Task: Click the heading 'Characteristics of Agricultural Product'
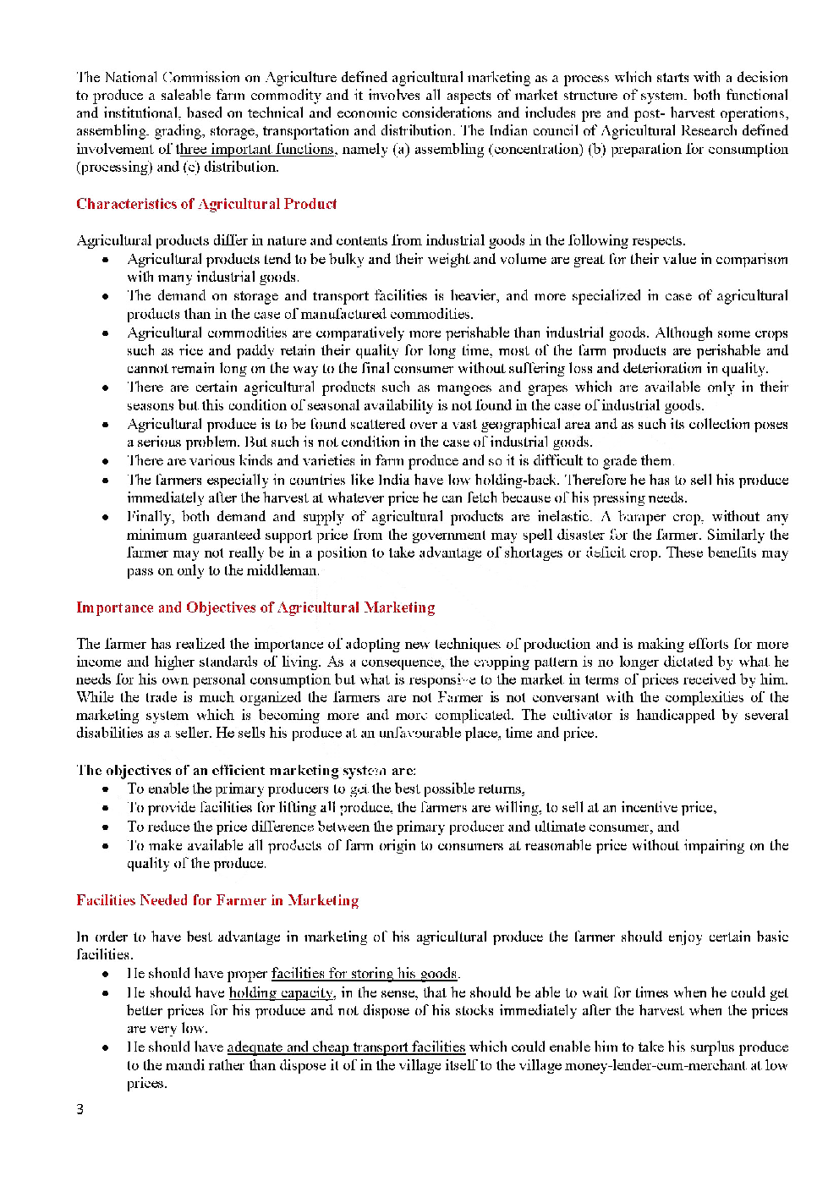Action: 206,204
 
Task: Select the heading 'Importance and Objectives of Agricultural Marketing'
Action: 255,607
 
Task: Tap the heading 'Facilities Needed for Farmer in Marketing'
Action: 217,900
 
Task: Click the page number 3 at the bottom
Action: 80,1110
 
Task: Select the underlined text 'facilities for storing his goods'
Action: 365,974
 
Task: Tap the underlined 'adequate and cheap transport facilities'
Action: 346,1047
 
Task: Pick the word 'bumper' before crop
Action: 642,517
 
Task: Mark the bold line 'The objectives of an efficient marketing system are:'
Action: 246,770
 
